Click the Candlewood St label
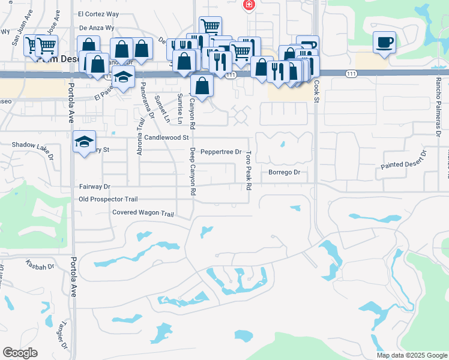pyautogui.click(x=158, y=138)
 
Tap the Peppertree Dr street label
pyautogui.click(x=221, y=152)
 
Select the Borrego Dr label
pyautogui.click(x=284, y=172)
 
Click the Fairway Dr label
pyautogui.click(x=95, y=187)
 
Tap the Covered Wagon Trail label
pyautogui.click(x=143, y=213)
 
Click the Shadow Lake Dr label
pyautogui.click(x=32, y=145)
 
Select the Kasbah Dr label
pyautogui.click(x=40, y=264)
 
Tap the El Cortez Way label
pyautogui.click(x=98, y=13)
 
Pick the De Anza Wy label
pyautogui.click(x=96, y=28)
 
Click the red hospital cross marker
pyautogui.click(x=249, y=5)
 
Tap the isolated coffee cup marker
pyautogui.click(x=384, y=42)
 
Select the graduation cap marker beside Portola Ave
pyautogui.click(x=85, y=142)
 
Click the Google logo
pyautogui.click(x=20, y=352)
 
